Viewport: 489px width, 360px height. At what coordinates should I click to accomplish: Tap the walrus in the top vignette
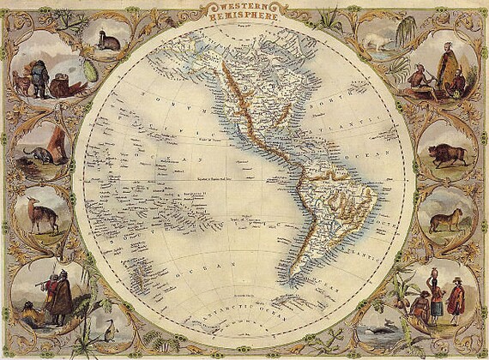pyautogui.click(x=108, y=41)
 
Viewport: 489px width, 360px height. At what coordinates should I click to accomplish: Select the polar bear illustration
pyautogui.click(x=377, y=44)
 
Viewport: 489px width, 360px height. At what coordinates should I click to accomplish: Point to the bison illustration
pyautogui.click(x=448, y=154)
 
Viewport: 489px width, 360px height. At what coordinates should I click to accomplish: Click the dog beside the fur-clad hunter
pyautogui.click(x=18, y=81)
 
